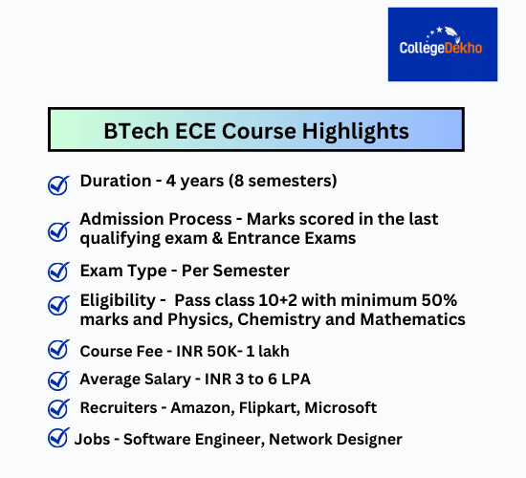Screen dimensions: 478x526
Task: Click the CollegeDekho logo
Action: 442,44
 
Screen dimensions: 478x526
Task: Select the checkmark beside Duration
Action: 58,184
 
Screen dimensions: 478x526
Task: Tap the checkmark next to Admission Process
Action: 58,230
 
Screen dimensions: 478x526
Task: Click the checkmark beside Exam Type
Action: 58,272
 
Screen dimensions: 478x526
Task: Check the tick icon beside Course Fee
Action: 58,350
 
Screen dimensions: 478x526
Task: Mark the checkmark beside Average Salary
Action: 58,380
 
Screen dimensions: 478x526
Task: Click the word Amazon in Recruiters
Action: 202,408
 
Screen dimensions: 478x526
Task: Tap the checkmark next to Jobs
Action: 57,439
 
